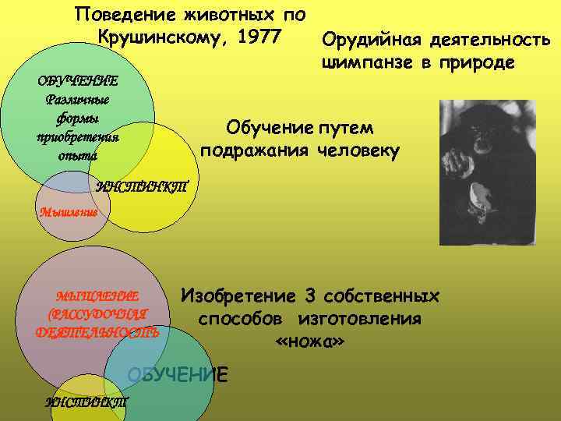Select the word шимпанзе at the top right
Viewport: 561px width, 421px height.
click(366, 62)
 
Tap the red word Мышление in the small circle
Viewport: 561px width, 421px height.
click(69, 212)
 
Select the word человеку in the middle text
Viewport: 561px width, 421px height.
click(359, 150)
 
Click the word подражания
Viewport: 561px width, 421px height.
click(254, 150)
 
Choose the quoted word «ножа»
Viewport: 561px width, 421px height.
click(309, 342)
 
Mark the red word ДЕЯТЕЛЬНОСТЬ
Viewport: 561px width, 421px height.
click(97, 332)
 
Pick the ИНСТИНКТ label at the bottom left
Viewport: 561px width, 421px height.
click(86, 402)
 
